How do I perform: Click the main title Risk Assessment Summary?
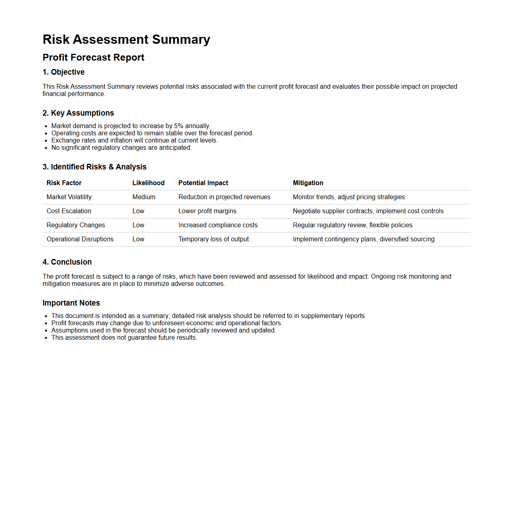coord(126,39)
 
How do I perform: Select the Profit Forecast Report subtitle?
coord(93,57)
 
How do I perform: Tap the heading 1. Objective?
coord(63,72)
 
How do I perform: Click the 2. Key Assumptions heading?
coord(78,113)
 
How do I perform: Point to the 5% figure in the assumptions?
coord(179,126)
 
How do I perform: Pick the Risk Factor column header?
coord(64,183)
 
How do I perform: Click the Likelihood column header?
coord(148,183)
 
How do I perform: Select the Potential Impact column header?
coord(203,183)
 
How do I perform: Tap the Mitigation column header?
coord(308,183)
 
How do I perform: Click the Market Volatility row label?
coord(69,197)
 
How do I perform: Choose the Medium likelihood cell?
coord(144,197)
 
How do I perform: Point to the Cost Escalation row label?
coord(69,211)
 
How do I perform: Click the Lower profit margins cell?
coord(207,211)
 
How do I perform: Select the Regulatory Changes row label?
coord(75,225)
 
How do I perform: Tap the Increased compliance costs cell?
coord(218,225)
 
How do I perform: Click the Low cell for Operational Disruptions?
coord(138,239)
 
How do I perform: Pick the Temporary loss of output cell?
coord(214,239)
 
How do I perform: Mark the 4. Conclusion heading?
coord(67,262)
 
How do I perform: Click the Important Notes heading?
coord(71,303)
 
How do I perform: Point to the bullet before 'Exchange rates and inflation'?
coord(46,141)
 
